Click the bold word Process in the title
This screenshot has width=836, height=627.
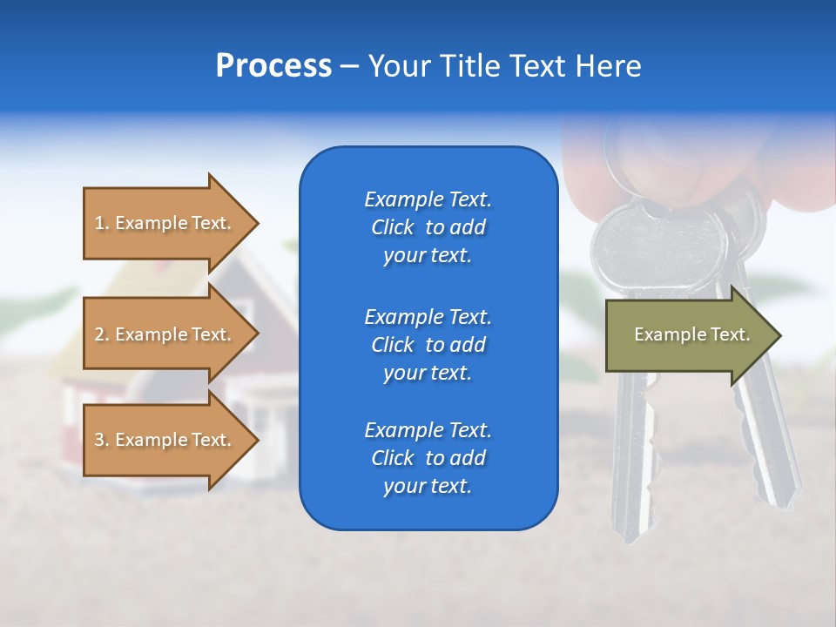pos(273,66)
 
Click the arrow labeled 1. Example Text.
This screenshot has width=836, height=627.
pos(165,223)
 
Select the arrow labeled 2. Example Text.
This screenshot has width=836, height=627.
pos(165,334)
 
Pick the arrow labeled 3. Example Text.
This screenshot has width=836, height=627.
pos(165,440)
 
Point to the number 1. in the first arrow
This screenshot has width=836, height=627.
pos(102,223)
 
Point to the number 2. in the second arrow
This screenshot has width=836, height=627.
pos(102,334)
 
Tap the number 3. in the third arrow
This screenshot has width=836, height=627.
pos(102,440)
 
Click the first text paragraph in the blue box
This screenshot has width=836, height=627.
pos(428,227)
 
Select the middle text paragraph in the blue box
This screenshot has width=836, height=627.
pos(428,345)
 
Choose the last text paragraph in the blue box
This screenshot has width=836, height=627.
pos(428,458)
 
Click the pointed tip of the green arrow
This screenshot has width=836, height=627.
pos(779,335)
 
